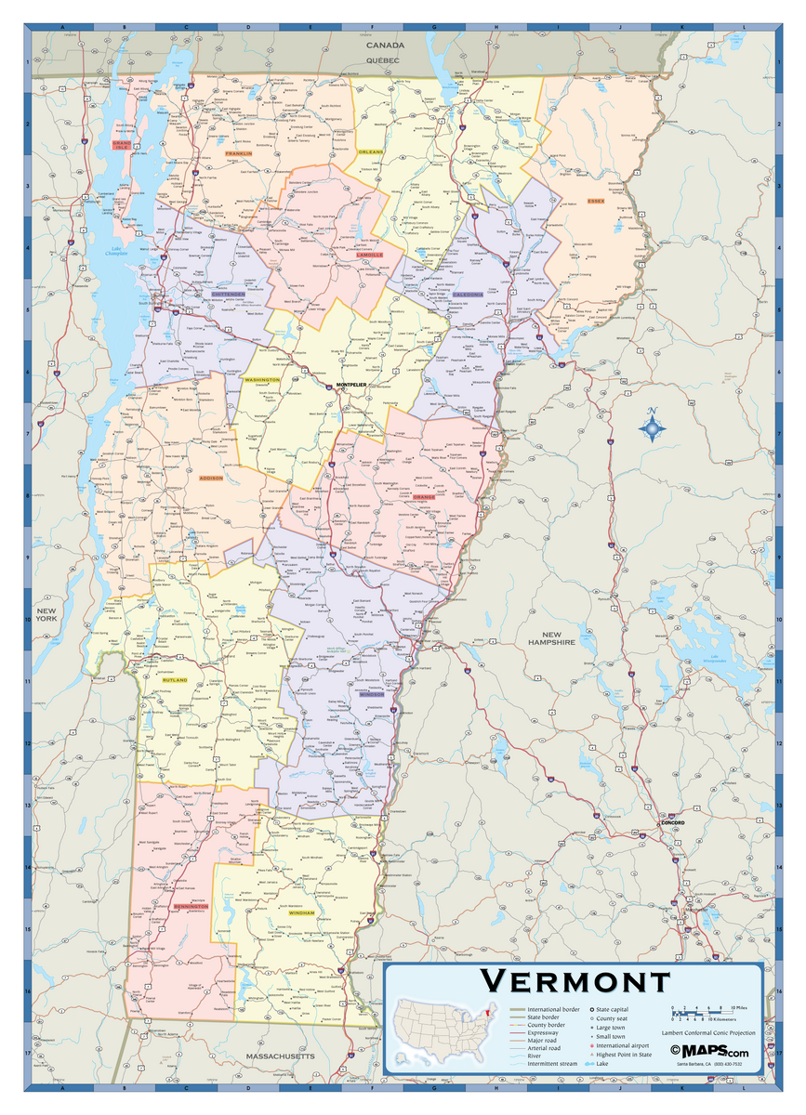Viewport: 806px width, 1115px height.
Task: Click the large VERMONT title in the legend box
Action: (575, 981)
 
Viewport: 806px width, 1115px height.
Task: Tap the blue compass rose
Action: (654, 427)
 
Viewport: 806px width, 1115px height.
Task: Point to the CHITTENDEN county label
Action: (222, 295)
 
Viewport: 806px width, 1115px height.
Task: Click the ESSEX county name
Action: (596, 202)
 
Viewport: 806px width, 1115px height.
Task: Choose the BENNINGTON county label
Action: (191, 906)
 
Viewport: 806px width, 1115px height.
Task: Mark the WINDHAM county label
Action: (301, 912)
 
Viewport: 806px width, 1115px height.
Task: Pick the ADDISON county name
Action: (212, 478)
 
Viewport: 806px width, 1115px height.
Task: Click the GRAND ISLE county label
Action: (122, 144)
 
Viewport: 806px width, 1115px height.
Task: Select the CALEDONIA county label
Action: (468, 295)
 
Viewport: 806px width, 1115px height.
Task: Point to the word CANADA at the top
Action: (385, 46)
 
